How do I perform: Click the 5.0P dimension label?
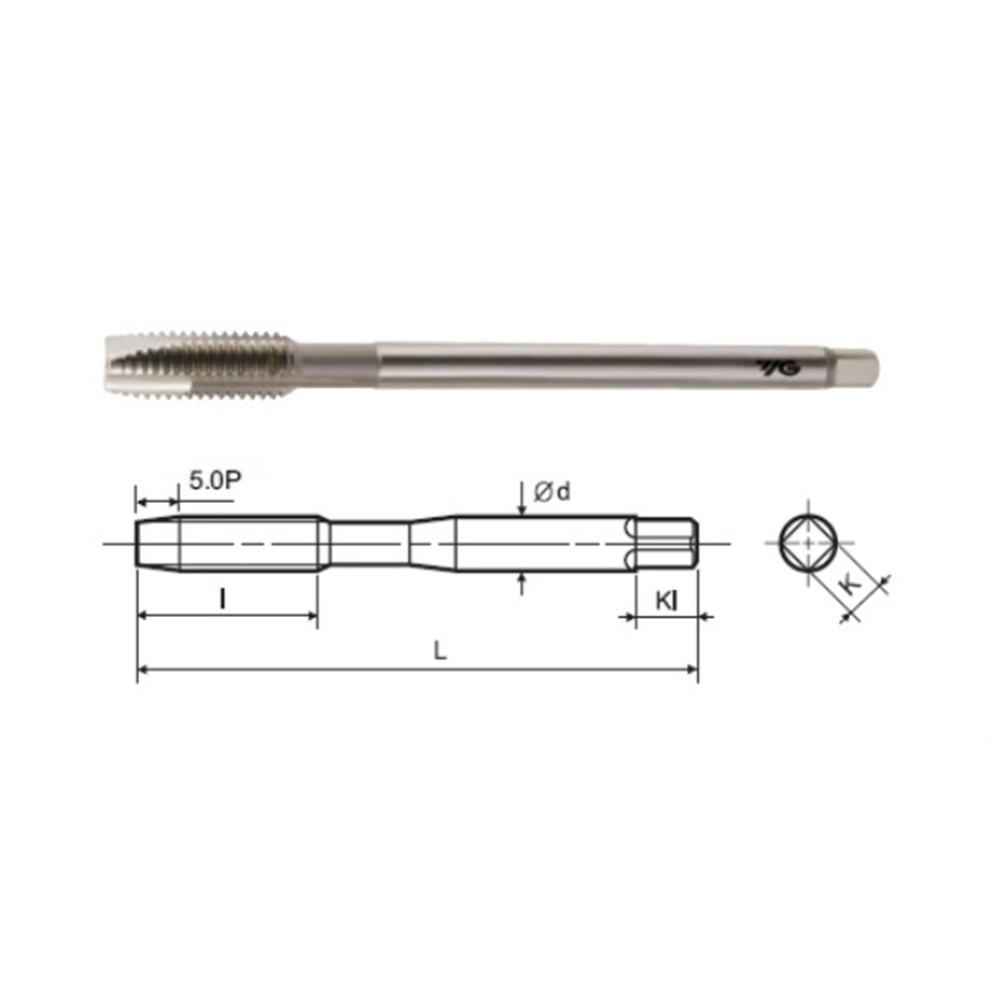tap(215, 480)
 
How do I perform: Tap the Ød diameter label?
tap(552, 491)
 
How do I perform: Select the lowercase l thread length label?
tap(222, 598)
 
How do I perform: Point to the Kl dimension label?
tap(667, 600)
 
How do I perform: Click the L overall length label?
tap(439, 651)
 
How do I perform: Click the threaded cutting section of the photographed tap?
tap(199, 363)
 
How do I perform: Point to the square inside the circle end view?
tap(808, 544)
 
